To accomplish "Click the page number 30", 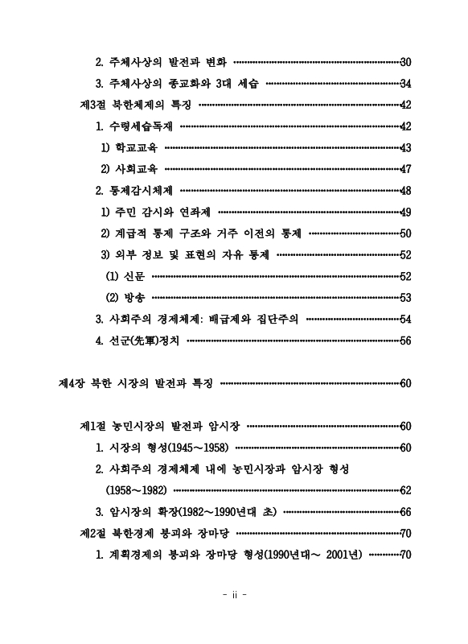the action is tap(405, 62).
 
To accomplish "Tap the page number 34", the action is tap(405, 84).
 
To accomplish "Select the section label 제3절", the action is tap(94, 105).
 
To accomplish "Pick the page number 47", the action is tap(405, 169).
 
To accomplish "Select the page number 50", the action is tap(405, 233).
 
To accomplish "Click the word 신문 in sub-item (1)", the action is tap(134, 276).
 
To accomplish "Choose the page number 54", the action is tap(405, 319).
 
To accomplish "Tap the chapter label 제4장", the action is tap(73, 383).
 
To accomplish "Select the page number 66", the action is tap(405, 512).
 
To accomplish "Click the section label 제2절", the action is tap(94, 533).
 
